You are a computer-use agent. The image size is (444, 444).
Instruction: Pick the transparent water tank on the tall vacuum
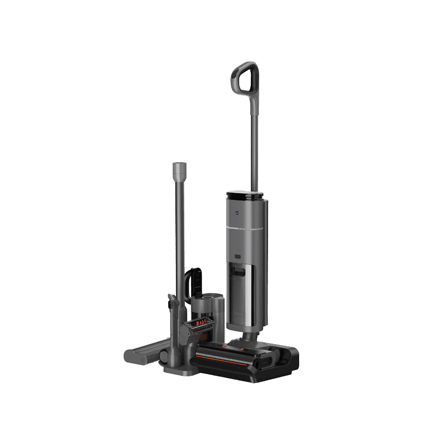tap(245, 294)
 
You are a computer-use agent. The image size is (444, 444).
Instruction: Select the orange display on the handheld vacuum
tap(200, 322)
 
